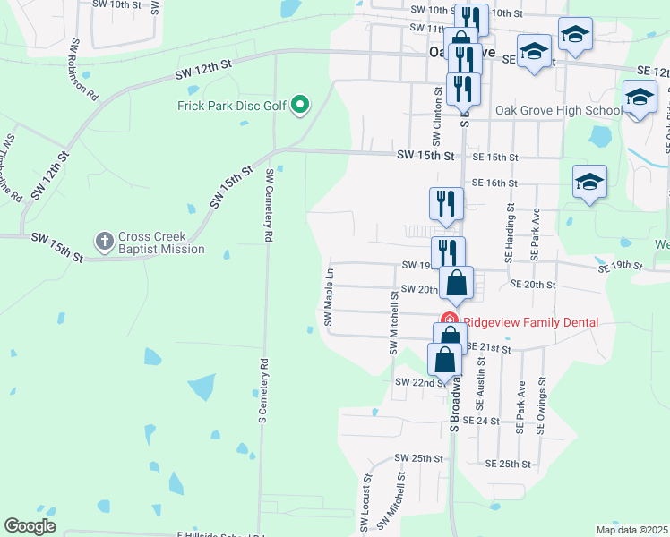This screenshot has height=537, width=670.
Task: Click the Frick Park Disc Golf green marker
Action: pos(301,107)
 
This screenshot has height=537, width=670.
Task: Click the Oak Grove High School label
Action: pos(558,110)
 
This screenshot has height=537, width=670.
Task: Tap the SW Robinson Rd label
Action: pos(79,69)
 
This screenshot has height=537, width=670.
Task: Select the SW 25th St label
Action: pos(419,458)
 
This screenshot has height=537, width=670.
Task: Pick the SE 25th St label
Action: pos(508,465)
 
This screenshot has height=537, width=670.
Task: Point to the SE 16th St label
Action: pos(495,183)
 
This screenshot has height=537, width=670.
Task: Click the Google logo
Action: pos(30,525)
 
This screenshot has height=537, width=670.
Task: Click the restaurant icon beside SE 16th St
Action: pos(446,204)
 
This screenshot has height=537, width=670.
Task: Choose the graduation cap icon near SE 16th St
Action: pos(589,182)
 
